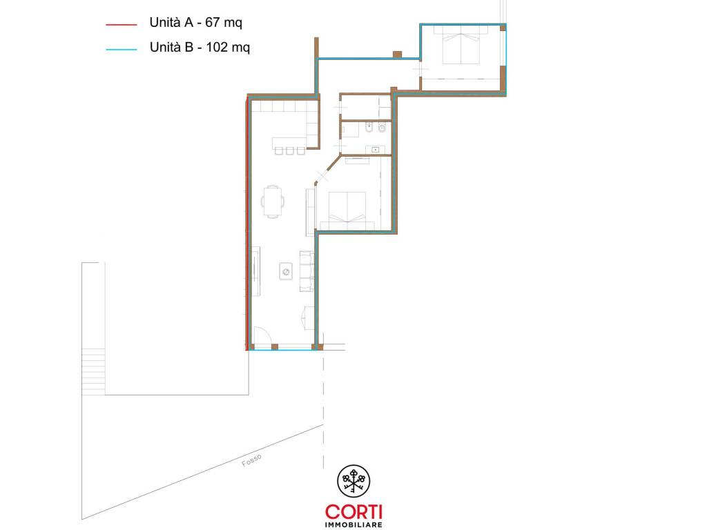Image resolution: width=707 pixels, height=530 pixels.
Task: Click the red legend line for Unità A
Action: point(122,24)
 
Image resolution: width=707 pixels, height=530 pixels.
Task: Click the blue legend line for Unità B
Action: point(122,49)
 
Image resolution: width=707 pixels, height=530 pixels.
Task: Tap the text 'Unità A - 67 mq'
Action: point(195,23)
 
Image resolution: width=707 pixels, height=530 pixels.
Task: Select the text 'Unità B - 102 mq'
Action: point(200,48)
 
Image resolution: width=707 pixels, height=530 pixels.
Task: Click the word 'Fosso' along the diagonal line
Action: point(251,460)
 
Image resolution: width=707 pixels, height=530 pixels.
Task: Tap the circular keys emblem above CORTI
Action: point(353,481)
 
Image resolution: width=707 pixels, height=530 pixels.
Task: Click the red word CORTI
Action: point(354,512)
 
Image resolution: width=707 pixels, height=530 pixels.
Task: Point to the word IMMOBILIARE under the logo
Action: point(354,524)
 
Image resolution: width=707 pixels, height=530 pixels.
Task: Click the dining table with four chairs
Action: point(272,202)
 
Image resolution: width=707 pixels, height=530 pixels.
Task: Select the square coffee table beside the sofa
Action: point(286,271)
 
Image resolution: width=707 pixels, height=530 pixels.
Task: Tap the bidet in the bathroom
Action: point(369,128)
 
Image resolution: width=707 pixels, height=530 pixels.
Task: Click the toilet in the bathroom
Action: point(382,128)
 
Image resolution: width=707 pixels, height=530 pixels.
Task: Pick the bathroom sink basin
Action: point(375,150)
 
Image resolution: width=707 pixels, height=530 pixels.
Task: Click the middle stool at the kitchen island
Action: point(290,151)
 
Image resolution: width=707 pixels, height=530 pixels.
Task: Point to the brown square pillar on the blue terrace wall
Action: point(397,55)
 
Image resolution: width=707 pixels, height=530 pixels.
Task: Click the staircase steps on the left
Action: point(93,372)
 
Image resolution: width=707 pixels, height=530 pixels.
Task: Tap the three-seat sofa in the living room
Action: point(307,271)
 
